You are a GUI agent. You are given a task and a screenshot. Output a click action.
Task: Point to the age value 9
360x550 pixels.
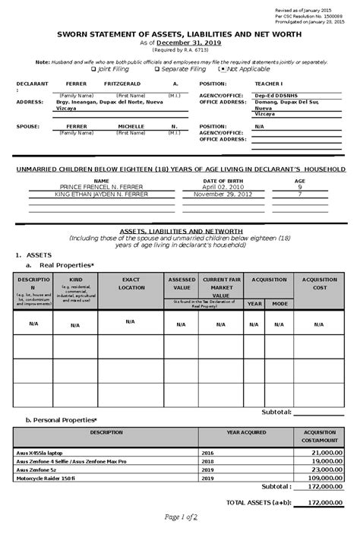tap(299, 186)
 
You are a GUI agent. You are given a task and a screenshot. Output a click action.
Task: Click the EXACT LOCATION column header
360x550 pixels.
tap(131, 283)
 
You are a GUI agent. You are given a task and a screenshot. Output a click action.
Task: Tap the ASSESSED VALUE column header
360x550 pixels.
tap(182, 283)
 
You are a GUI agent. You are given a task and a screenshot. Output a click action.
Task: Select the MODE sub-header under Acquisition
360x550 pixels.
tap(280, 303)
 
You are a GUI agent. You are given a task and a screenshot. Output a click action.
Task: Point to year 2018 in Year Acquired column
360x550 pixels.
tap(207, 460)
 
